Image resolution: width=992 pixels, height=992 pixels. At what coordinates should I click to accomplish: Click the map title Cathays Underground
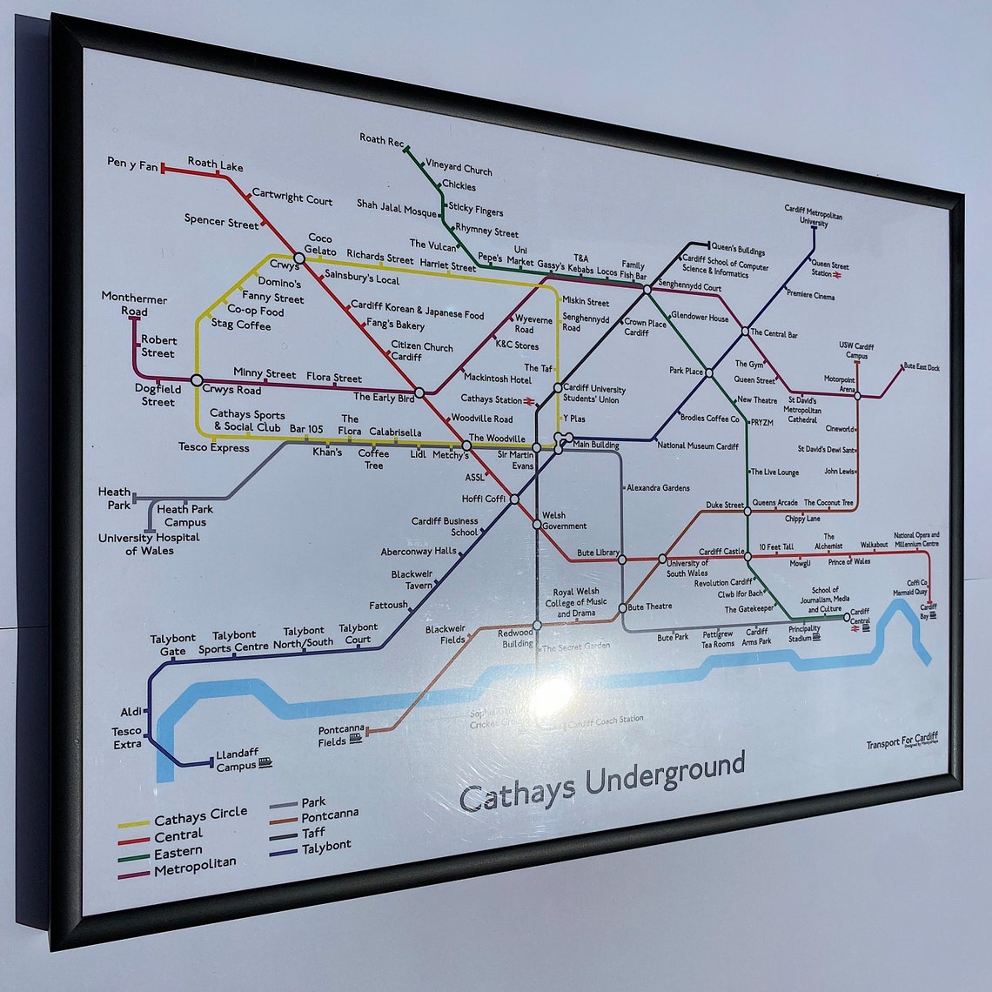(x=602, y=781)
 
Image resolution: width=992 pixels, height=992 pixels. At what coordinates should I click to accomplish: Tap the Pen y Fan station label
(x=132, y=163)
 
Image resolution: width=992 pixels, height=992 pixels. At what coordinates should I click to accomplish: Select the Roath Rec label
(x=381, y=139)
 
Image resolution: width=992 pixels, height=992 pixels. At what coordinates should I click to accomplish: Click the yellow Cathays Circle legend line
(x=134, y=823)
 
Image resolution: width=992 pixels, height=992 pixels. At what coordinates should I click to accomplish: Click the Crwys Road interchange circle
(x=197, y=380)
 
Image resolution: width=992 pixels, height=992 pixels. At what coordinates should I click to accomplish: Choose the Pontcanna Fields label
(x=332, y=736)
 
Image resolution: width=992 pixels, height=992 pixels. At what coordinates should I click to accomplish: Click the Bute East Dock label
(x=922, y=367)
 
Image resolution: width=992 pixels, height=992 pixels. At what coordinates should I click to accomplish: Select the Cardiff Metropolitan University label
(x=814, y=215)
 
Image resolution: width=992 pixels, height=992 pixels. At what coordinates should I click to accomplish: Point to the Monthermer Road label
(x=134, y=305)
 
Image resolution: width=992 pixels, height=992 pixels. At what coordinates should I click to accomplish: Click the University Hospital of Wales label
(x=149, y=544)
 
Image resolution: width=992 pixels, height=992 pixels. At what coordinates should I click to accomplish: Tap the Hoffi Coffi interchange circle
(x=514, y=499)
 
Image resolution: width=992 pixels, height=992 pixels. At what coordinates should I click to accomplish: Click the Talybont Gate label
(x=173, y=645)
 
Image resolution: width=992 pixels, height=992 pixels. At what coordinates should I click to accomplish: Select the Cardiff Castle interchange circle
(x=747, y=556)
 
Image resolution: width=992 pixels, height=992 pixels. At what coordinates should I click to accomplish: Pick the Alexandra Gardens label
(x=658, y=488)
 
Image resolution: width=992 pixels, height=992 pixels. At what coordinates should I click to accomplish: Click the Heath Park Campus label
(x=185, y=515)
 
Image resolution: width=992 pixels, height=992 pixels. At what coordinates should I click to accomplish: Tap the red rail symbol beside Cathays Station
(x=529, y=400)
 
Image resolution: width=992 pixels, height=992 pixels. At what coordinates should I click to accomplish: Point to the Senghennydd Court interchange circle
(x=647, y=289)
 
